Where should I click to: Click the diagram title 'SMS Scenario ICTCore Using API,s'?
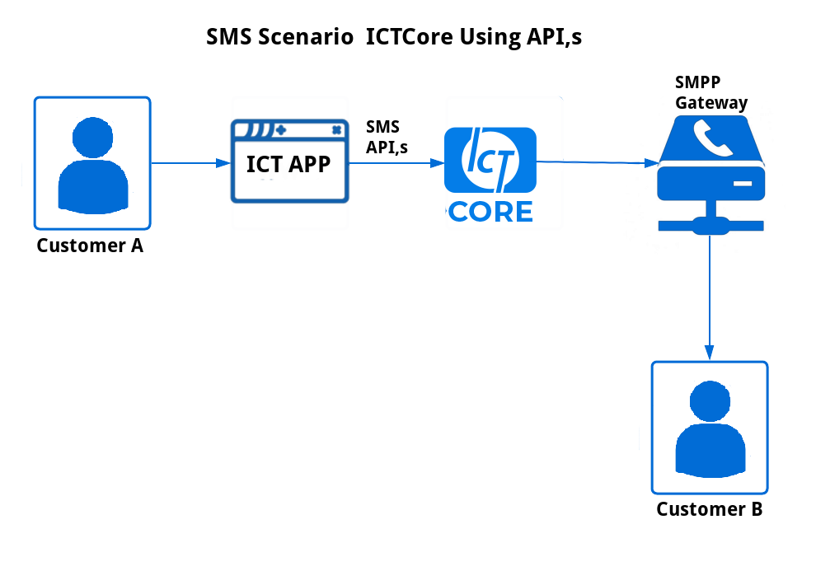point(394,37)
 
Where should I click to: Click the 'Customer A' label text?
point(90,246)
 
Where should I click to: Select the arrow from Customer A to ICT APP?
point(191,163)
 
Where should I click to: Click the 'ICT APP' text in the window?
point(288,164)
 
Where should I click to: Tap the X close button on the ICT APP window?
point(337,130)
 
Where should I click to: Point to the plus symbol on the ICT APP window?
point(281,130)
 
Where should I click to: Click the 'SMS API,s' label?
point(387,137)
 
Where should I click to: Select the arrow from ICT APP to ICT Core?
point(396,163)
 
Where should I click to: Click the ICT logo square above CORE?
point(490,160)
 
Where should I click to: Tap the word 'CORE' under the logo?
point(490,212)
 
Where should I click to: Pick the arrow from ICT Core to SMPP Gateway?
point(598,163)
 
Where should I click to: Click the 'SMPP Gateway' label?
point(710,92)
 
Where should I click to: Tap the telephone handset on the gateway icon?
point(712,138)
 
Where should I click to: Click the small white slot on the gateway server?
point(743,184)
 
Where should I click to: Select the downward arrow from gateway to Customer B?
point(710,297)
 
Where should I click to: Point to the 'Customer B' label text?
point(710,509)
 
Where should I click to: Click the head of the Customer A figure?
point(92,138)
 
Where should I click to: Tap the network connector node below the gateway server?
point(710,226)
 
